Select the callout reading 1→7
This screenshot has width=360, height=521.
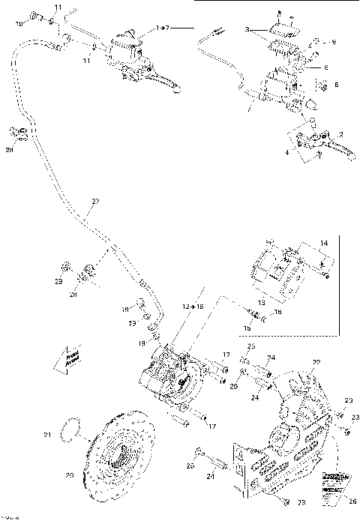coord(163,27)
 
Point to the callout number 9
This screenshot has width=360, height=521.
coord(334,43)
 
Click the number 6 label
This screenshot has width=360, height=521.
coord(336,84)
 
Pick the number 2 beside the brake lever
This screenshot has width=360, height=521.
coord(341,134)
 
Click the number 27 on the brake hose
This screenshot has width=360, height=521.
coord(94,201)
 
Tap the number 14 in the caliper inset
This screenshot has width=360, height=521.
coord(324,244)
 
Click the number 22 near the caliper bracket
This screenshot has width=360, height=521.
coord(316,363)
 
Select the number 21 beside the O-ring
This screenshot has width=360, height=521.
coord(46,434)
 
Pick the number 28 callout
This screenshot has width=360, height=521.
coord(94,295)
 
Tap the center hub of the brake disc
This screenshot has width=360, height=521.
coord(120,455)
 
